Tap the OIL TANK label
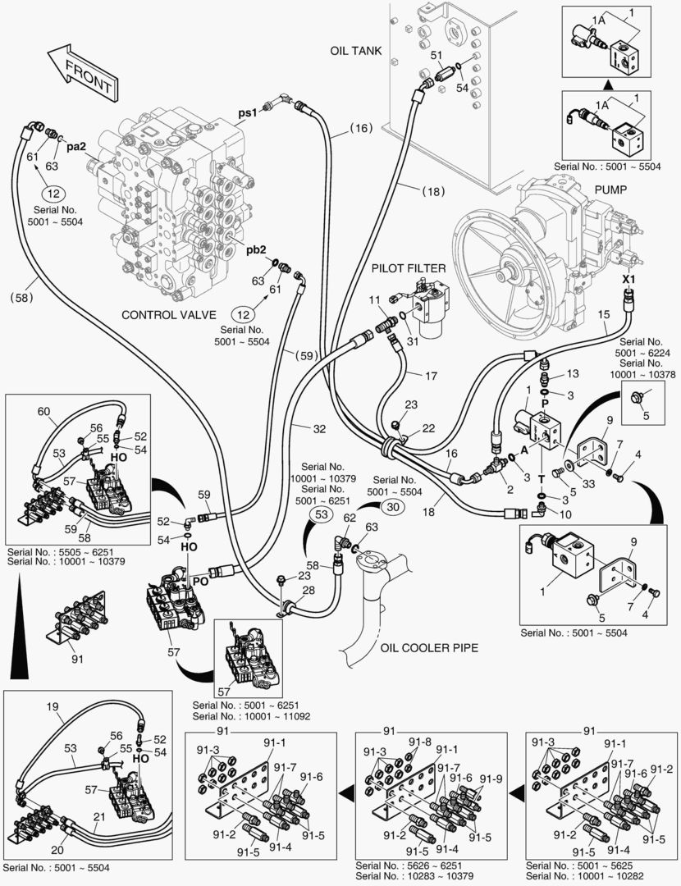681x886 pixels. pos(355,50)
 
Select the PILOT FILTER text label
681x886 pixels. pos(409,267)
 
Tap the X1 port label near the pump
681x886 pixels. pos(629,279)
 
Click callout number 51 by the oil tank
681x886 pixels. pos(436,56)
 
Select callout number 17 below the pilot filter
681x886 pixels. pos(431,376)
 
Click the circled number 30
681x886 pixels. pos(392,507)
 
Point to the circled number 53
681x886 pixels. pos(322,514)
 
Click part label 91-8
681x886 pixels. pos(420,742)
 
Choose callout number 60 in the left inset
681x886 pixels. pos(43,411)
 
